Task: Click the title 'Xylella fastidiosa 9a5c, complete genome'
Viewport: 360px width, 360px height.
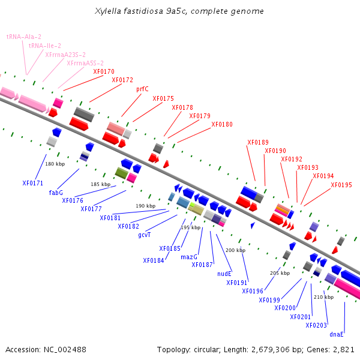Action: [x=179, y=11]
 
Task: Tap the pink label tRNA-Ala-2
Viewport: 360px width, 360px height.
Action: [x=24, y=37]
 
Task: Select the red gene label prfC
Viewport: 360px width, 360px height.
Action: [x=142, y=89]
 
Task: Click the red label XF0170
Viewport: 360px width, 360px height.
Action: [x=104, y=71]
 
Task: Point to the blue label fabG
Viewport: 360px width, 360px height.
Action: [x=56, y=193]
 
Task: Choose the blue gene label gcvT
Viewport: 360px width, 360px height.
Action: [x=145, y=235]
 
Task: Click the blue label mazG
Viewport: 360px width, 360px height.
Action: [x=189, y=257]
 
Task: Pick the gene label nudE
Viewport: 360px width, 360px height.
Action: [x=224, y=274]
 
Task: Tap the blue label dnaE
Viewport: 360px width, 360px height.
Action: [x=337, y=334]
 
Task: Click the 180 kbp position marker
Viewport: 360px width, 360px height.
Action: [x=55, y=164]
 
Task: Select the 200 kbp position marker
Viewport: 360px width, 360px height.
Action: [x=236, y=250]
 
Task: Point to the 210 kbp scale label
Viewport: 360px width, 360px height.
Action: [x=324, y=297]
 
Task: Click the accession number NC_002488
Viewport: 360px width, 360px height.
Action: [x=65, y=350]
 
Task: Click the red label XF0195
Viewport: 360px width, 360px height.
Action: [x=341, y=185]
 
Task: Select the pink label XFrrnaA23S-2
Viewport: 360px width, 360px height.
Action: [x=65, y=55]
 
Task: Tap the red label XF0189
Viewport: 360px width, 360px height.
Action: [x=258, y=142]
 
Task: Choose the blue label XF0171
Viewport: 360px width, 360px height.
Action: [x=33, y=183]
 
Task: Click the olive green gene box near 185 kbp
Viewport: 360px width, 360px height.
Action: [x=121, y=173]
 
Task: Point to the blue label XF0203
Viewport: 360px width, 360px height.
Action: [x=316, y=325]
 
